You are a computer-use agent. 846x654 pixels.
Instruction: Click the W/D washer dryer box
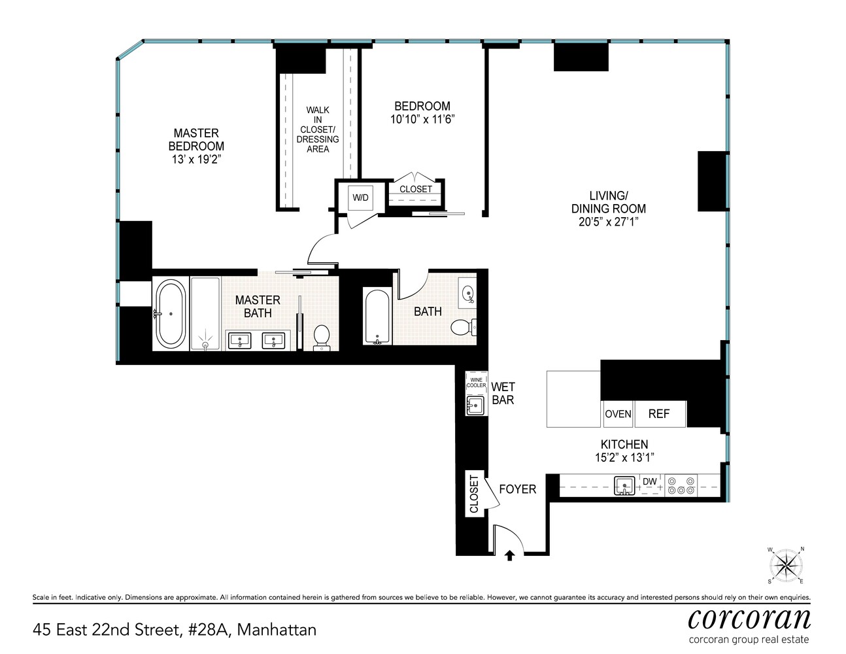point(360,197)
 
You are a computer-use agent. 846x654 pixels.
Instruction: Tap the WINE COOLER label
point(476,383)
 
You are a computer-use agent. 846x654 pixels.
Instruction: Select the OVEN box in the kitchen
point(618,414)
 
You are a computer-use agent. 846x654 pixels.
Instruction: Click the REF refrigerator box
point(659,414)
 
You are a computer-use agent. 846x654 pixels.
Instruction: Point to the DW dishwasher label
point(649,482)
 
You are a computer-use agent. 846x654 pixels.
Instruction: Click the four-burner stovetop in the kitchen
point(681,486)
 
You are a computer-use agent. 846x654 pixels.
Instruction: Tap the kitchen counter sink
point(624,486)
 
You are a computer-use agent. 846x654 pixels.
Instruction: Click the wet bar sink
point(475,405)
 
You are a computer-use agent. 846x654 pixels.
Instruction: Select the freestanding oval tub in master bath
point(171,314)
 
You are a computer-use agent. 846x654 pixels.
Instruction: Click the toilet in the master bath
point(322,336)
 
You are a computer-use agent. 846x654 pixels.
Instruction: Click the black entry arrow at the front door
point(510,555)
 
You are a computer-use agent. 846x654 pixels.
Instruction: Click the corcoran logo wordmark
point(749,618)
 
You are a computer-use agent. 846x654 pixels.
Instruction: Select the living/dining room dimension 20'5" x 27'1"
point(608,222)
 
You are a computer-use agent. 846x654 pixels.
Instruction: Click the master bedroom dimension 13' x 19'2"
point(196,160)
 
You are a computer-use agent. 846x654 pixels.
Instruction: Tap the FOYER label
point(517,489)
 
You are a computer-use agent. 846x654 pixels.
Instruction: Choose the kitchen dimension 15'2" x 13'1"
point(624,458)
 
